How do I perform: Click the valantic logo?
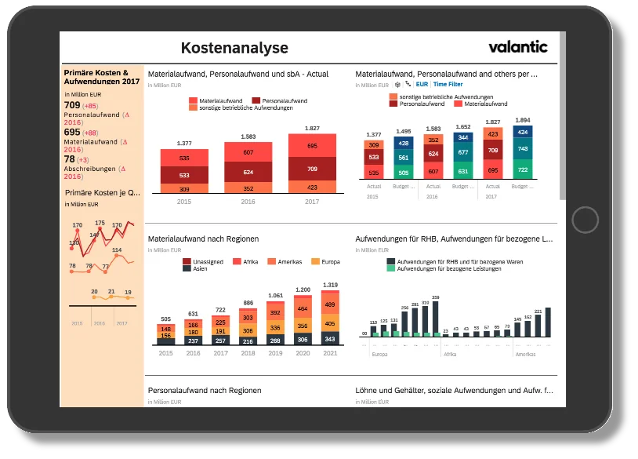pos(518,46)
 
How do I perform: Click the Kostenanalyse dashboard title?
pos(234,48)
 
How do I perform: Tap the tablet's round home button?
pos(585,219)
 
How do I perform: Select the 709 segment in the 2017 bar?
pos(312,169)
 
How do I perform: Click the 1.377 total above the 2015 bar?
pos(184,143)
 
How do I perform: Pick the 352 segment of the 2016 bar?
pos(248,188)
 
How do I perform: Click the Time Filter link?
pos(448,84)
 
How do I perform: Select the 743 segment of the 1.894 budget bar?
pos(522,149)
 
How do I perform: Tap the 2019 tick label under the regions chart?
pos(275,353)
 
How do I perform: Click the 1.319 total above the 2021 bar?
pos(330,285)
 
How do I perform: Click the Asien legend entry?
pos(197,268)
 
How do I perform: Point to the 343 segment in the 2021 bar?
pos(330,339)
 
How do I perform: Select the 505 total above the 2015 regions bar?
pos(165,319)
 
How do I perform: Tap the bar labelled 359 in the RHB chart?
pos(436,319)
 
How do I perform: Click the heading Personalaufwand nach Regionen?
pos(204,390)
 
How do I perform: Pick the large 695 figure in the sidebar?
pos(71,133)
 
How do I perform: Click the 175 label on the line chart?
pos(99,223)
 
